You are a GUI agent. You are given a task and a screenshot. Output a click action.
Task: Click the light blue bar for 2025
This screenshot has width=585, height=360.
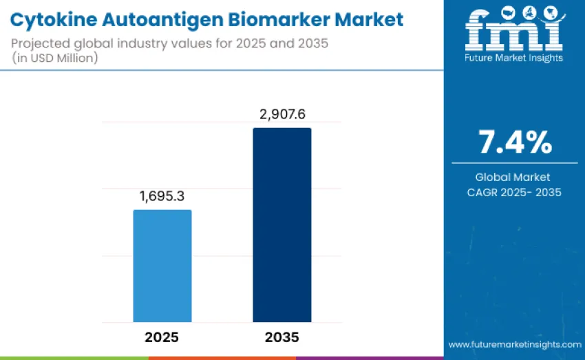pos(162,266)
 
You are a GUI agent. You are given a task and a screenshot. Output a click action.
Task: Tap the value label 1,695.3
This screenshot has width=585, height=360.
pos(162,197)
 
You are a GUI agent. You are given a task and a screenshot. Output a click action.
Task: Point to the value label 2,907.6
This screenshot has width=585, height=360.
pos(282,114)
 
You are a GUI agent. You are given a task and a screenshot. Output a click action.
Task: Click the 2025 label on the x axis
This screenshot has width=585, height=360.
pos(162,338)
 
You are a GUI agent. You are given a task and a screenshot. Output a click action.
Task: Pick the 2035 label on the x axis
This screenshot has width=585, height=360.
pos(281,338)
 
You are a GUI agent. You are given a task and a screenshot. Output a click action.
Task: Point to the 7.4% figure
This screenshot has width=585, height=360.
pos(515,142)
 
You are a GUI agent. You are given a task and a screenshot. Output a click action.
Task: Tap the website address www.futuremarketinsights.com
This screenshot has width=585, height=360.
pos(514,343)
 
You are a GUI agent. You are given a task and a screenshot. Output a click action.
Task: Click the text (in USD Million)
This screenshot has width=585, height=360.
pos(55,59)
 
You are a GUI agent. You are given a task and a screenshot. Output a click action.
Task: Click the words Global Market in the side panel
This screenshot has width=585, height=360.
pos(515,178)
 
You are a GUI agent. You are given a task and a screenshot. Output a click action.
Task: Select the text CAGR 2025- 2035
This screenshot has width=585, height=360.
pos(515,192)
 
